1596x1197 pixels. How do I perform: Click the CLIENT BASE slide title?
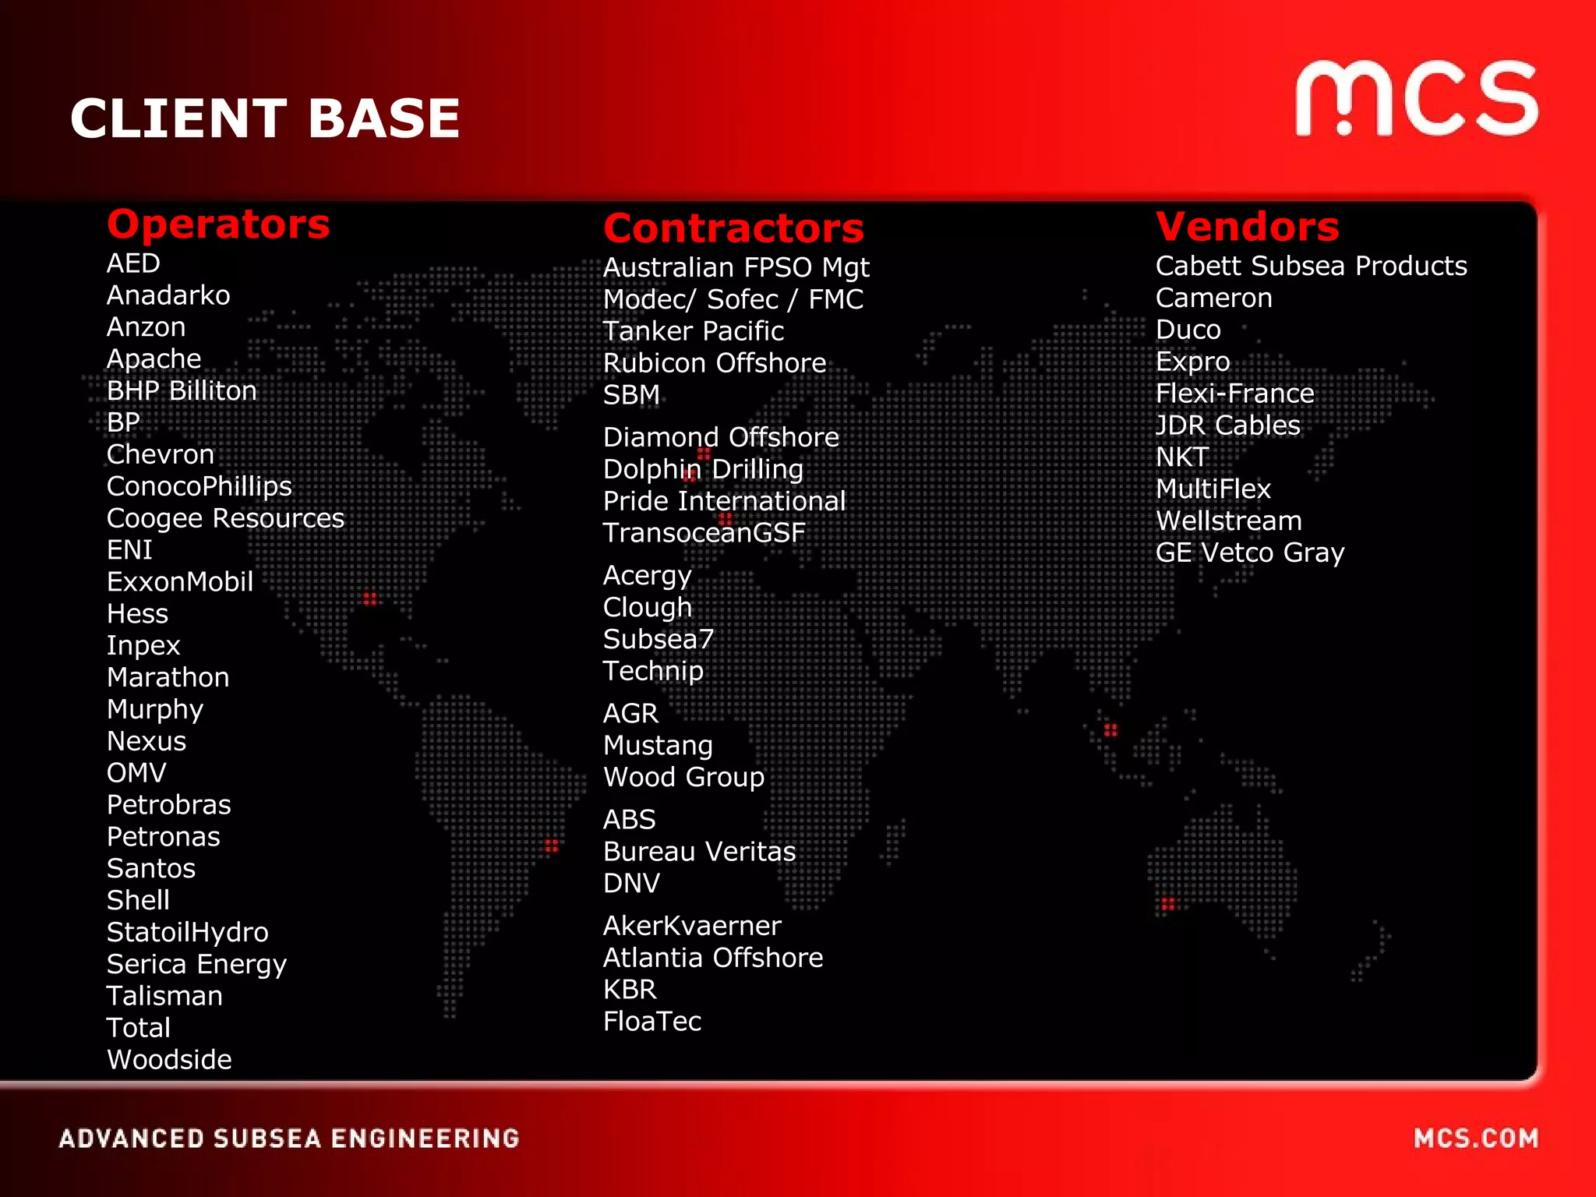[x=265, y=118]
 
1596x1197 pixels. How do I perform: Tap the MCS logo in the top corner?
[x=1416, y=99]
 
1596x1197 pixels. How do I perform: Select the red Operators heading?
[x=218, y=224]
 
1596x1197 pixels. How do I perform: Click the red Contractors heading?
[x=733, y=228]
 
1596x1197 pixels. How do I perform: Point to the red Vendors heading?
[x=1247, y=227]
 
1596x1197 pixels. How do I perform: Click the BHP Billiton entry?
[x=182, y=390]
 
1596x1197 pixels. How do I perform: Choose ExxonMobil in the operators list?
[x=180, y=582]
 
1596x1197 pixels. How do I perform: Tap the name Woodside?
[x=169, y=1060]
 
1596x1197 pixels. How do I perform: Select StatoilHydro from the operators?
[x=187, y=932]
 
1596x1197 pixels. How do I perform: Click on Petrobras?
[x=168, y=804]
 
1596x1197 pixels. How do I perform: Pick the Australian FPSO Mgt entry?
[x=736, y=267]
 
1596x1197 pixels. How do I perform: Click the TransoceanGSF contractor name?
[x=704, y=533]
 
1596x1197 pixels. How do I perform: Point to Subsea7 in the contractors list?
[x=658, y=639]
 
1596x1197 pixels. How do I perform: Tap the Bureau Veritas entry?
[x=699, y=852]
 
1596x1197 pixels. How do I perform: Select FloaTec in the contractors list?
[x=651, y=1022]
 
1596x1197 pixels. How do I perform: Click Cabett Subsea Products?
[x=1311, y=266]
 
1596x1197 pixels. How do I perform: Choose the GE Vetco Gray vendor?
[x=1249, y=553]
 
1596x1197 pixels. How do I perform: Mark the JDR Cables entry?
[x=1227, y=425]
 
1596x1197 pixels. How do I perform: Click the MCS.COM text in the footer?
[x=1476, y=1139]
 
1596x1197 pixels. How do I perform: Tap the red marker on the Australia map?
[x=1167, y=904]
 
